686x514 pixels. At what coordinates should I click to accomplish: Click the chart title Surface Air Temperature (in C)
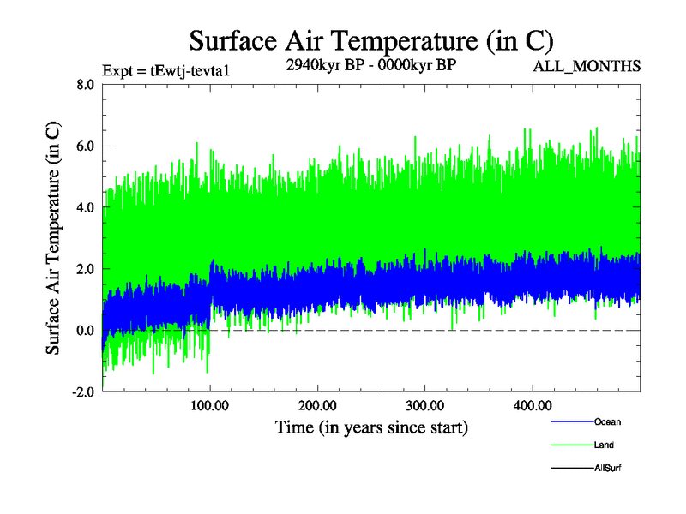tap(370, 40)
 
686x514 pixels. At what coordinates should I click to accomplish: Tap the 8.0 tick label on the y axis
tap(84, 85)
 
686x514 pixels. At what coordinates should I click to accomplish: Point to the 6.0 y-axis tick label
tap(84, 146)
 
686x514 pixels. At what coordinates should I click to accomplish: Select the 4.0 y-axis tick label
tap(84, 207)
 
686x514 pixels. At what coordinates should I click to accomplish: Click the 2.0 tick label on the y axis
tap(84, 269)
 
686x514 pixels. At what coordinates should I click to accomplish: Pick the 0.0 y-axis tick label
tap(84, 331)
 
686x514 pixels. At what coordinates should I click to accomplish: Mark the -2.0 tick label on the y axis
tap(82, 391)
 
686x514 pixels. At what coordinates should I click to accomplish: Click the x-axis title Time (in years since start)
tap(371, 426)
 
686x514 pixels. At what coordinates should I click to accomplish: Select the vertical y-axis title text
tap(53, 238)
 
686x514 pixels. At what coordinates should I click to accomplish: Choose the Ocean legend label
tap(607, 422)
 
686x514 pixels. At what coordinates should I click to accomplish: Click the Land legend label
tap(604, 445)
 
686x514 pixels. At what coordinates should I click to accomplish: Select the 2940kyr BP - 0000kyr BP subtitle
tap(370, 66)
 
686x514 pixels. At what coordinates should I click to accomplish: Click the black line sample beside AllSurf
tap(571, 469)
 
